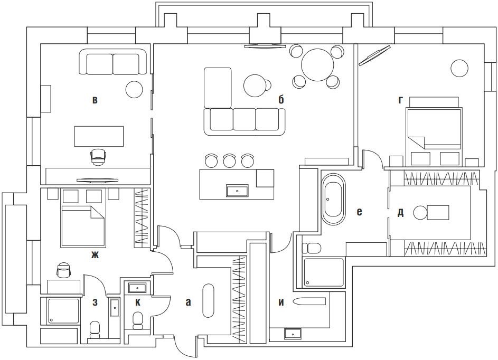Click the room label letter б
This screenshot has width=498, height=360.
click(281, 99)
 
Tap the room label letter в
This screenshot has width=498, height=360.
click(95, 99)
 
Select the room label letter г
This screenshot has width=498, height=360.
click(401, 99)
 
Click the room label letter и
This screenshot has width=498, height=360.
click(281, 302)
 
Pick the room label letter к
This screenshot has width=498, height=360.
click(137, 302)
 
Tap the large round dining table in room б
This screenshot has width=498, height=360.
click(317, 64)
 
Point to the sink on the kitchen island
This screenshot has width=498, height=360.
click(237, 191)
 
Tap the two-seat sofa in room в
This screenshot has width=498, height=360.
click(113, 62)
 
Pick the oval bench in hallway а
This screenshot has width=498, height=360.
click(209, 301)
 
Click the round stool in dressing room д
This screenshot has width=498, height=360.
click(420, 213)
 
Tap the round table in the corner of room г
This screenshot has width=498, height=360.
click(459, 68)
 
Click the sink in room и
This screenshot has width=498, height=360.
click(292, 334)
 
